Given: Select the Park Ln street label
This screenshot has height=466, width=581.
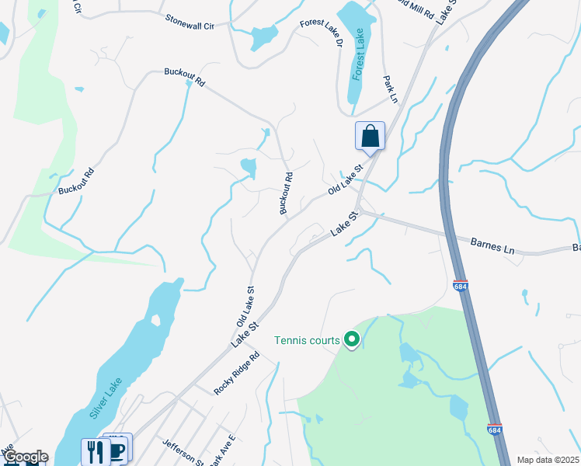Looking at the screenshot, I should (390, 89).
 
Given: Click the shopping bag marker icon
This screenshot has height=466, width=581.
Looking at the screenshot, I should (371, 136).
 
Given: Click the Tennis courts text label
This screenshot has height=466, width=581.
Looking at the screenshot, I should (307, 340).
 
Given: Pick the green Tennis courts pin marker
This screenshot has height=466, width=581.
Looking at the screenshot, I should (352, 339).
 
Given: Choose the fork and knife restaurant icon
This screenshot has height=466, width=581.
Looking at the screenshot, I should (95, 451).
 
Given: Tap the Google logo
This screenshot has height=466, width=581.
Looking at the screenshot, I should (26, 457).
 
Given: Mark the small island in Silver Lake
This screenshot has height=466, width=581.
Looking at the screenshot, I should (155, 320).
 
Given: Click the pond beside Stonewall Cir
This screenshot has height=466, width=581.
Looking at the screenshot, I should (264, 35).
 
